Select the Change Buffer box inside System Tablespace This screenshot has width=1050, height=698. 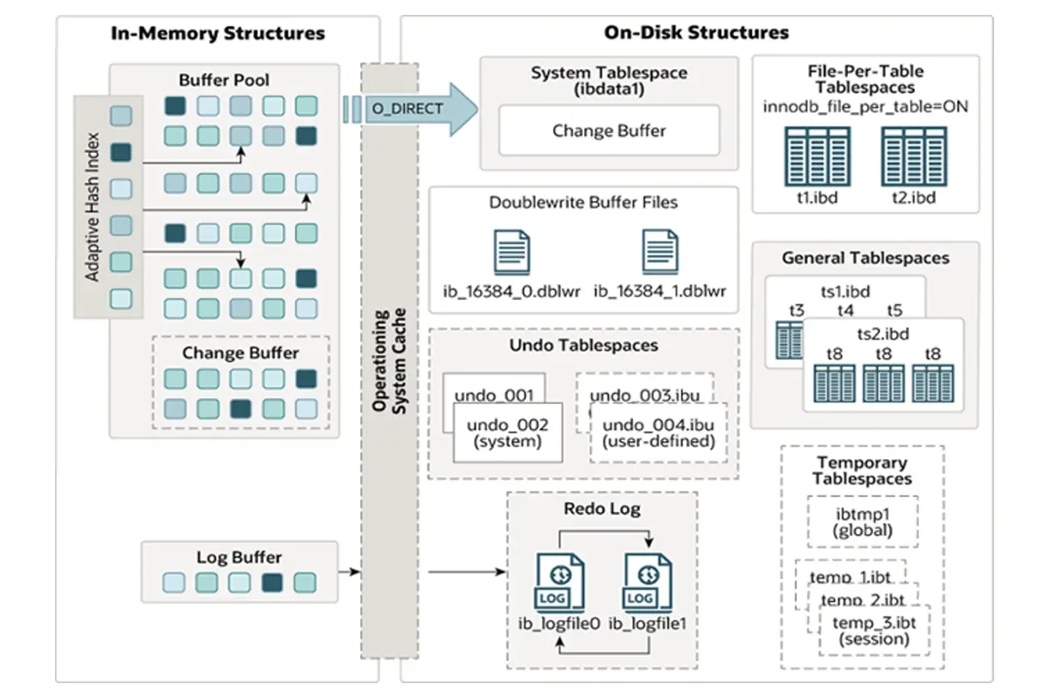coord(608,131)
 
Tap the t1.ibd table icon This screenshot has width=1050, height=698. coord(817,154)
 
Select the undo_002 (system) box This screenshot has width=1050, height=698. coord(508,434)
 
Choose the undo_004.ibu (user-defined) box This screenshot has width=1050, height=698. coord(658,434)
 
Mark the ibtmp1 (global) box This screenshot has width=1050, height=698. coord(863,521)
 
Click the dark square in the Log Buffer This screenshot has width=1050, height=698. coord(272,583)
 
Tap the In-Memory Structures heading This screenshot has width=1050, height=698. coord(218,34)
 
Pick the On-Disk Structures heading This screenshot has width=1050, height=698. coord(696,33)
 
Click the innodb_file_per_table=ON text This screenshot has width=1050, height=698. coord(865,107)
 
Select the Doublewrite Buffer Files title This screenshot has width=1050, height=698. coord(583,203)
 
